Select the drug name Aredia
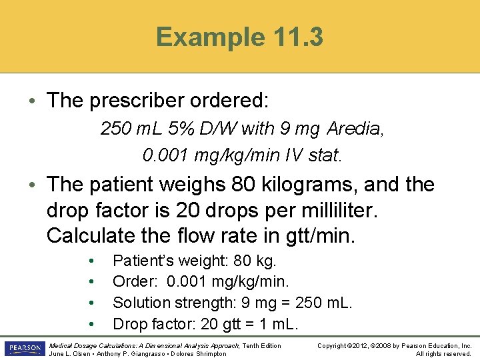[355, 127]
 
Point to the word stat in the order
[324, 155]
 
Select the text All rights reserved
[443, 354]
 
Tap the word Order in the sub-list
[131, 281]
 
